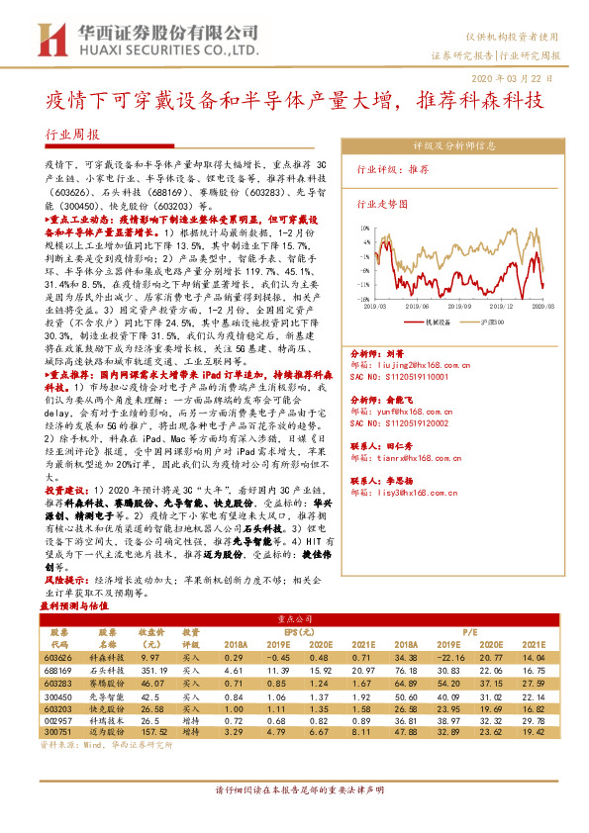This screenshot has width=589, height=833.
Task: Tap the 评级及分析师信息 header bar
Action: coord(453,145)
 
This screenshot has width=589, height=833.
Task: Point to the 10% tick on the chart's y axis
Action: coord(365,227)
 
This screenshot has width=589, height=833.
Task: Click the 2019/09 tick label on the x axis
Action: coord(433,307)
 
